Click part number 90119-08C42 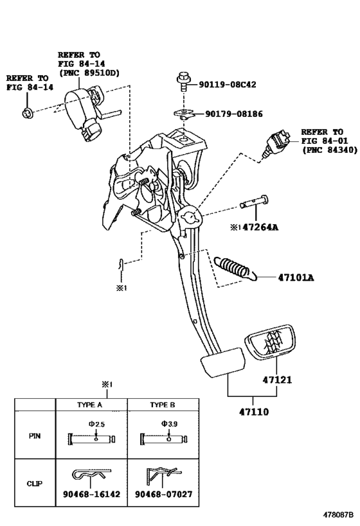pyautogui.click(x=228, y=84)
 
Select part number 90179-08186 pyautogui.click(x=234, y=114)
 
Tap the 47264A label pyautogui.click(x=260, y=227)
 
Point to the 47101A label pyautogui.click(x=296, y=277)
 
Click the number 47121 pyautogui.click(x=277, y=380)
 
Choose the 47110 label pyautogui.click(x=254, y=412)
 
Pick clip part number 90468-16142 pyautogui.click(x=91, y=494)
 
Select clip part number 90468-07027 pyautogui.click(x=163, y=494)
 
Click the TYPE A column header pyautogui.click(x=89, y=405)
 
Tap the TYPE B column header pyautogui.click(x=163, y=405)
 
